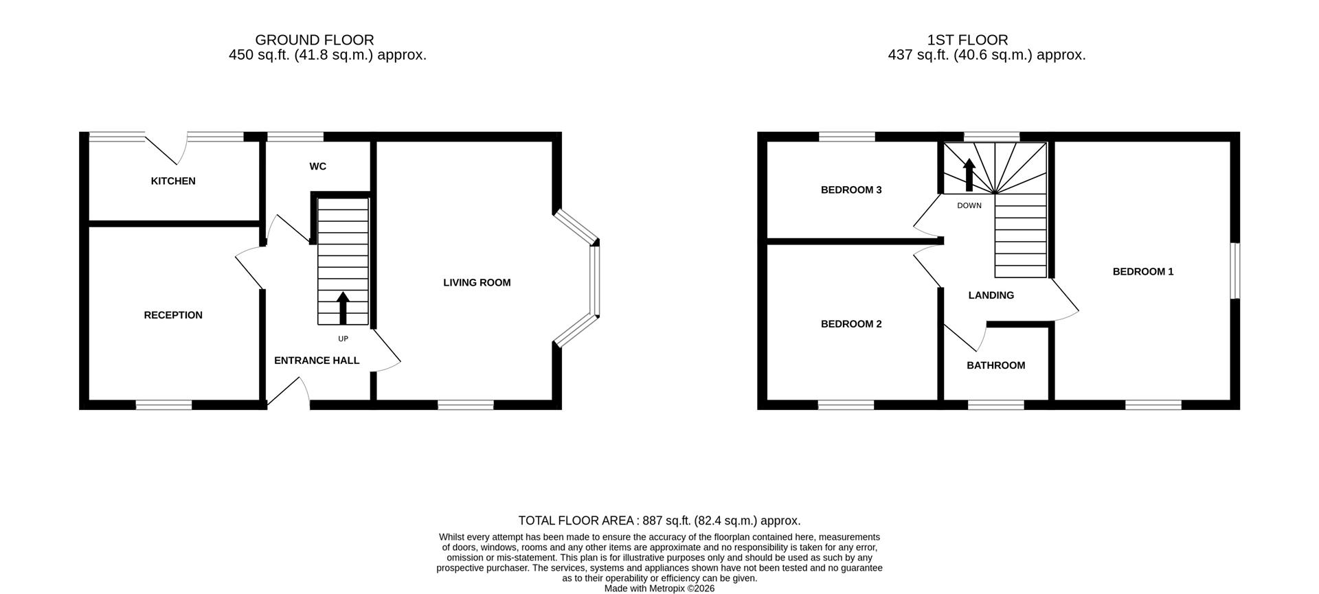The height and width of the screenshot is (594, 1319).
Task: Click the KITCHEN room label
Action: pos(173,181)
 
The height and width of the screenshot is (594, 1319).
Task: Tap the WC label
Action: pos(317,166)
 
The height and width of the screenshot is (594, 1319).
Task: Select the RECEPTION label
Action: pos(173,315)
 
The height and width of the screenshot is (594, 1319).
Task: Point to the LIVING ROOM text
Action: pos(477,282)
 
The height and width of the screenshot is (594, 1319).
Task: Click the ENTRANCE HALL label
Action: pos(317,361)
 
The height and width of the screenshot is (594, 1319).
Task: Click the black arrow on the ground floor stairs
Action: pos(343,308)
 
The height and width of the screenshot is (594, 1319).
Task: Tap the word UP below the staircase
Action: pos(343,339)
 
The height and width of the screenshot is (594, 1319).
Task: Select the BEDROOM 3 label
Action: pos(850,190)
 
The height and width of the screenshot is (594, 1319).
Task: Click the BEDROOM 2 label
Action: pos(850,324)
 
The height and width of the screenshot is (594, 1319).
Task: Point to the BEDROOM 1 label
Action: pos(1142,272)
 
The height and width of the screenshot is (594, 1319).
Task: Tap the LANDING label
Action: pos(991,295)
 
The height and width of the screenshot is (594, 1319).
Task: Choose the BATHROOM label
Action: pos(995,365)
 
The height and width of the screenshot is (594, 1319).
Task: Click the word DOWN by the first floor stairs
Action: pos(969,205)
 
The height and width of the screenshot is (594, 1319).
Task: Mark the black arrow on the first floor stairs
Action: pos(969,175)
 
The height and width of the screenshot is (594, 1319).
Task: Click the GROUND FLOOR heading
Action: pos(314,40)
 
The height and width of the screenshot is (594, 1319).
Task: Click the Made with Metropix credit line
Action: pos(659,589)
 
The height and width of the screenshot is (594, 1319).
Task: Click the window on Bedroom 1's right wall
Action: pos(1235,271)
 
